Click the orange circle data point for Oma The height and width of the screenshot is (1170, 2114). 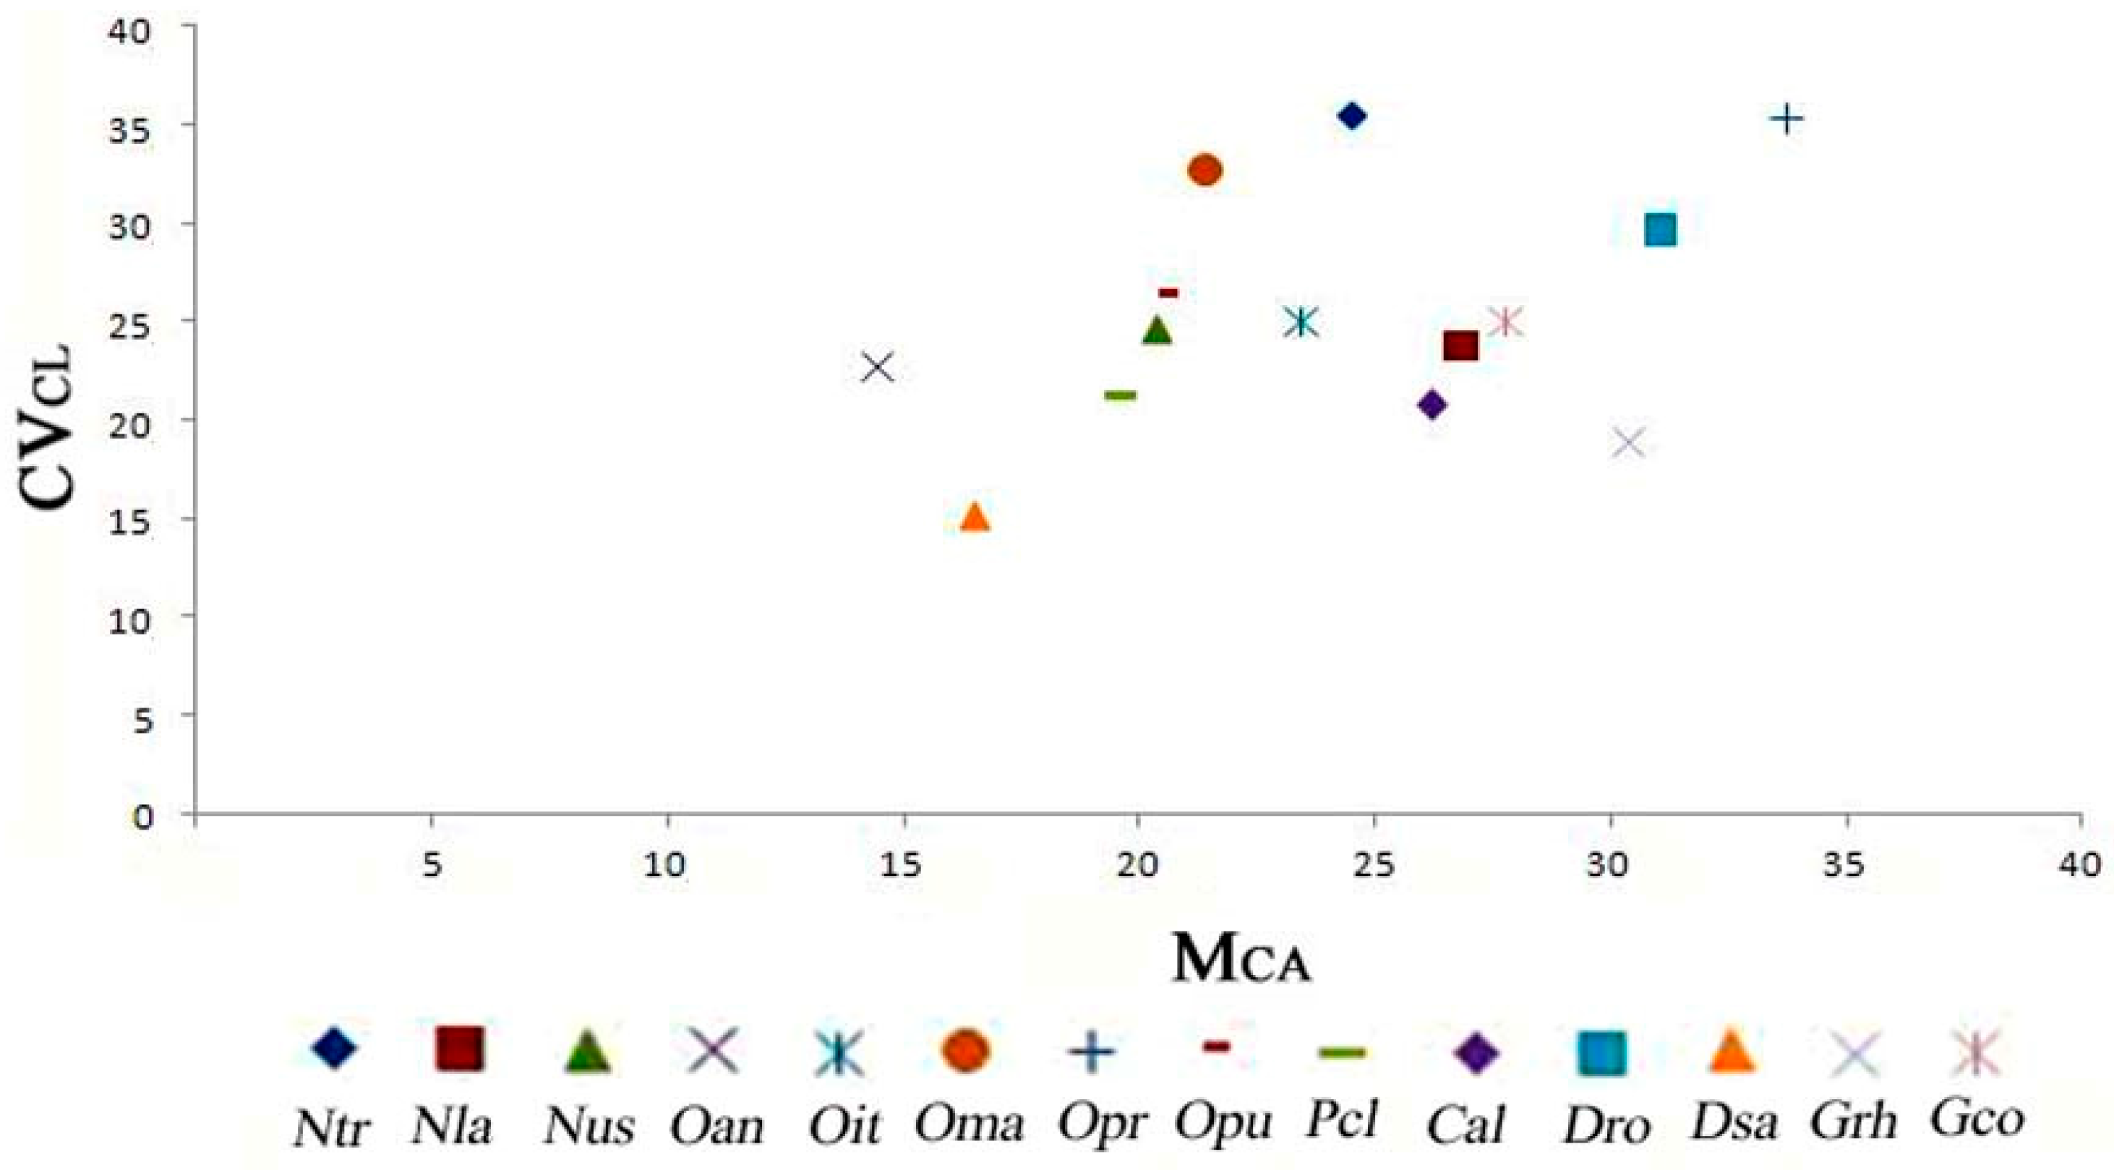coord(1204,171)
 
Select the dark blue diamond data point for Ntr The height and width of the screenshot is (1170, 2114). coord(1351,116)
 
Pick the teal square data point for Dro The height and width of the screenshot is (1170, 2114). coord(1660,230)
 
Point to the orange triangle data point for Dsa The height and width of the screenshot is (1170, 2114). coord(975,517)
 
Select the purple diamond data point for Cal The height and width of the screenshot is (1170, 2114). coord(1432,405)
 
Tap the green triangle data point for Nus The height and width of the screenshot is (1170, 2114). coord(1157,330)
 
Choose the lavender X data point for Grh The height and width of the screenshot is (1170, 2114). coord(1629,443)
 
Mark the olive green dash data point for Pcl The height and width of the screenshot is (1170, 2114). coord(1120,395)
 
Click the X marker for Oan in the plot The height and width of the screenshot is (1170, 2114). coord(878,368)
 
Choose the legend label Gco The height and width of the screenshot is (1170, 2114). coord(1975,1118)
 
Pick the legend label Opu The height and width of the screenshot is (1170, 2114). coord(1222,1121)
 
